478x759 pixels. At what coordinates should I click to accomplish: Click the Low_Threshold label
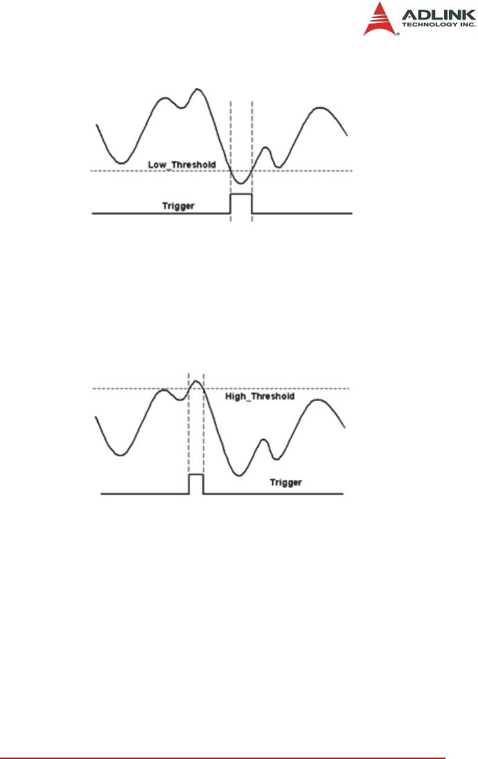pos(182,165)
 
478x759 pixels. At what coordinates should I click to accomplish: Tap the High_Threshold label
pos(260,397)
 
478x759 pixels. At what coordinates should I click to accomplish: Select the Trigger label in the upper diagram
pos(178,206)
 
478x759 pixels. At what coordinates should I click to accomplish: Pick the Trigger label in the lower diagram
pos(285,482)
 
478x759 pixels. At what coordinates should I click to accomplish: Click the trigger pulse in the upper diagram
pos(241,204)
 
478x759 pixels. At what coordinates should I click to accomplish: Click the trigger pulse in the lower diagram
pos(196,483)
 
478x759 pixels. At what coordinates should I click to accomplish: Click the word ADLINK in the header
pos(439,14)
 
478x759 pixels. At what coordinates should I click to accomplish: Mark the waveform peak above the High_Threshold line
pos(197,382)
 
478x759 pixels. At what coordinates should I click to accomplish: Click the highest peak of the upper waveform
pos(198,89)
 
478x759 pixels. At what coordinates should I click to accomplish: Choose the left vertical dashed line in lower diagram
pos(188,429)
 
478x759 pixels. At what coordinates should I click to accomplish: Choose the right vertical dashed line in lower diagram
pos(204,429)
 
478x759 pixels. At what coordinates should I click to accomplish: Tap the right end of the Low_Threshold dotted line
pos(351,170)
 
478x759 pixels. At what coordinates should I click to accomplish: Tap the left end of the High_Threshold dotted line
pos(95,389)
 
